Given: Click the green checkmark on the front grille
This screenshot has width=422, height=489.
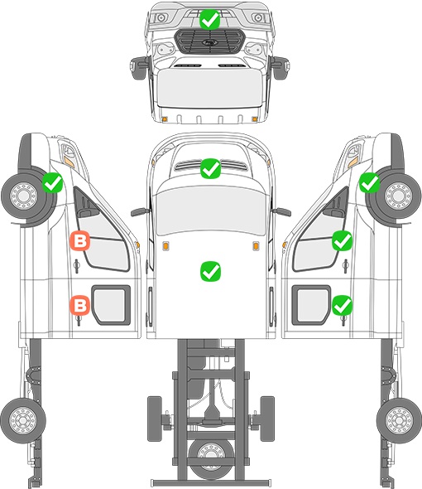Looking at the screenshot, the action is click(210, 20).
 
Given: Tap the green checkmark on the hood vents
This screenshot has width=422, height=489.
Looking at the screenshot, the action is click(211, 169).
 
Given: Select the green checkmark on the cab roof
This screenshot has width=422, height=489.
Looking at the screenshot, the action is click(211, 271).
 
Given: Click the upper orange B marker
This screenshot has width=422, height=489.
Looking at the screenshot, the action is click(80, 240).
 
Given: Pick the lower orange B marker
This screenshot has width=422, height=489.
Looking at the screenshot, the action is click(80, 305).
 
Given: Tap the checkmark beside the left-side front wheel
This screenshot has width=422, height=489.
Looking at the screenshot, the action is click(53, 182).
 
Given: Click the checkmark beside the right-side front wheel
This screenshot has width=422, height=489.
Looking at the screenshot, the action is click(369, 182).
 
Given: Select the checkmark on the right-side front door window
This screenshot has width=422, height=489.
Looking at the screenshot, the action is click(342, 240).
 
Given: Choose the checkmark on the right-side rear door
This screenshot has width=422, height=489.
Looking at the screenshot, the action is click(342, 305).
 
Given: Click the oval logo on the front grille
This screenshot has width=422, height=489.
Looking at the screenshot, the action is click(209, 42).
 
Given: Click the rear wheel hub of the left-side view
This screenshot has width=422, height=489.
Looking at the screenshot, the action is click(23, 420).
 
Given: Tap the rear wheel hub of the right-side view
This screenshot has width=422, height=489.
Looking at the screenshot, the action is click(399, 420).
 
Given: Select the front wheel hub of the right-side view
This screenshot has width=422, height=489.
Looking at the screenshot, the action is click(398, 196).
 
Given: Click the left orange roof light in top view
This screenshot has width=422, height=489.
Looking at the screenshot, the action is click(166, 246).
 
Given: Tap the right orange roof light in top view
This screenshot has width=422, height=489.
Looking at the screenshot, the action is click(256, 246).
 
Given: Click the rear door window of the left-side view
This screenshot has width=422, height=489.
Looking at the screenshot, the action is click(110, 305).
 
